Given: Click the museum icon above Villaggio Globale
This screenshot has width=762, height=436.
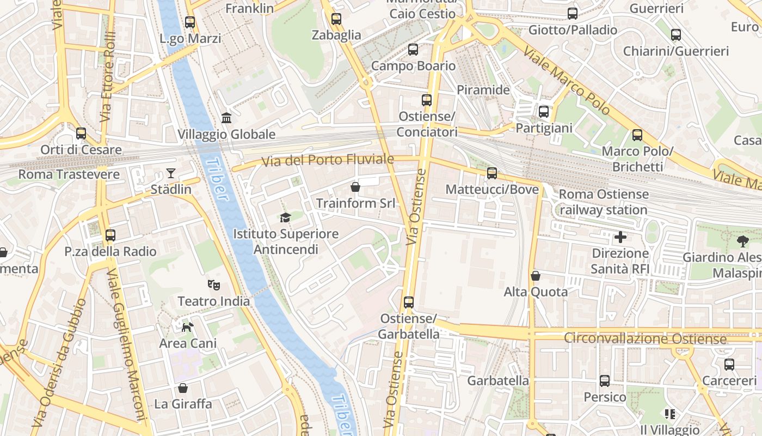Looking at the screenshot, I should click(x=226, y=118).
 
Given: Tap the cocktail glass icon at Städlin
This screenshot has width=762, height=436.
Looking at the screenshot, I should click(x=171, y=173).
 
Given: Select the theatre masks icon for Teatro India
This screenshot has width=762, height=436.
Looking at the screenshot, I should click(x=214, y=284).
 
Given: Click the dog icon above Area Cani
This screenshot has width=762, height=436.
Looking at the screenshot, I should click(x=187, y=327).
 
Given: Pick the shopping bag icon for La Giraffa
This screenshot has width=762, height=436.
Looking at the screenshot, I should click(x=183, y=388).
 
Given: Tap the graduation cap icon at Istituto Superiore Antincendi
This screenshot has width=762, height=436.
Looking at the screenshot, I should click(x=285, y=218).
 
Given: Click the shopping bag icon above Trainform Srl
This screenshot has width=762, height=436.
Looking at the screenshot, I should click(x=355, y=187).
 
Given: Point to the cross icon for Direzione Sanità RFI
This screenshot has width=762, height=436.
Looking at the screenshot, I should click(x=620, y=237).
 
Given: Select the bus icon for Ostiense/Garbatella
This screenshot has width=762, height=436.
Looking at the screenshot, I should click(x=409, y=302).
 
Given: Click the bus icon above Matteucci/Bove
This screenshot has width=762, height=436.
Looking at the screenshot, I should click(x=492, y=173).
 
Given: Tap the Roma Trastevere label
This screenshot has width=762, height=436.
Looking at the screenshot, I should click(x=69, y=174).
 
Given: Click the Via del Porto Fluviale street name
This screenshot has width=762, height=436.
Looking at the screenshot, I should click(x=328, y=160).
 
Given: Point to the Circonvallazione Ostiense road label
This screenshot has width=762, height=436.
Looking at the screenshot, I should click(x=645, y=338).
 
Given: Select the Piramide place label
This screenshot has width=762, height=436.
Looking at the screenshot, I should click(x=483, y=90).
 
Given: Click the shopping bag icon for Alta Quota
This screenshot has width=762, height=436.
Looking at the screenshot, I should click(x=536, y=276).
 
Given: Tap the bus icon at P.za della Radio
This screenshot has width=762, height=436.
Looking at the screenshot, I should click(x=110, y=235).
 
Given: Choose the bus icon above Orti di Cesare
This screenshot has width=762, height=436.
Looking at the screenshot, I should click(x=81, y=133).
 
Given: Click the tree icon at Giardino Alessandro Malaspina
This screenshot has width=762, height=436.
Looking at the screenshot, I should click(x=742, y=241).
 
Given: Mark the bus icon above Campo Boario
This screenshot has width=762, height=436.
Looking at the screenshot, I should click(x=413, y=50).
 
